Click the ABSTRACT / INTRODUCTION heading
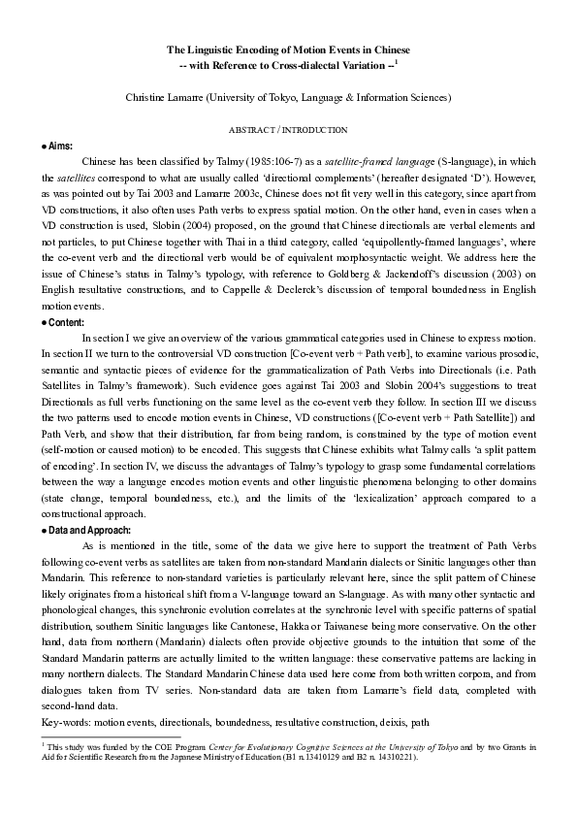[288, 130]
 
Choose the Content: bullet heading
[63, 322]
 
